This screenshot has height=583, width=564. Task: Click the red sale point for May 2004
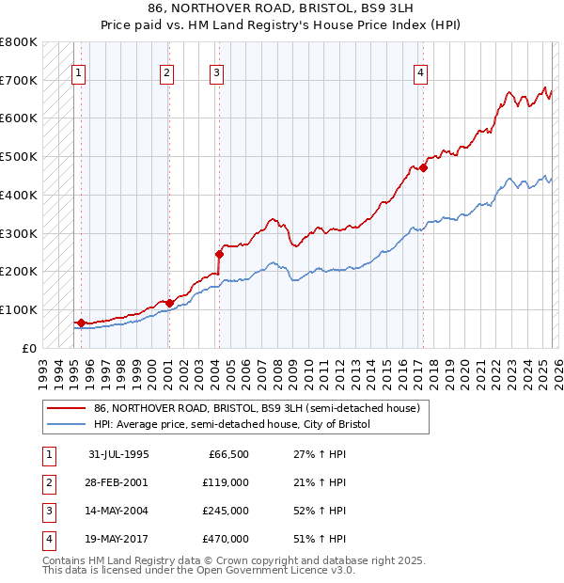point(219,254)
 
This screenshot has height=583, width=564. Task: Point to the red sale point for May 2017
point(423,167)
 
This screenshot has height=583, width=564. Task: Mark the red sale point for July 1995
point(81,323)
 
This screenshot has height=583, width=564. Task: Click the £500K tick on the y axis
point(18,156)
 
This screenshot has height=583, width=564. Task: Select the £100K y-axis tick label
point(18,309)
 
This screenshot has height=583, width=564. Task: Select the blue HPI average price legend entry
point(232,425)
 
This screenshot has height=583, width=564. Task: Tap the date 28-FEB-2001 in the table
point(117,482)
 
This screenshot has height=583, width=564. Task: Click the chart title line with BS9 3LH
point(281,8)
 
